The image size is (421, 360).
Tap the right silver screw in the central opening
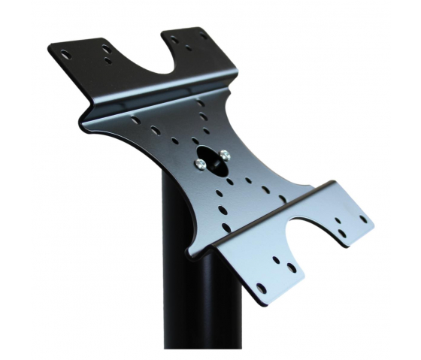pyautogui.click(x=225, y=155)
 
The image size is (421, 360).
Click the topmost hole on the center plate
pyautogui.click(x=200, y=104)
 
